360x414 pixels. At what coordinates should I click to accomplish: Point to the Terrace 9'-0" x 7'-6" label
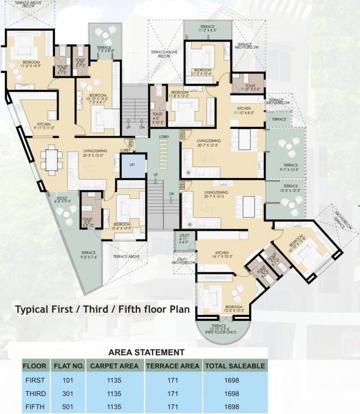[88, 255]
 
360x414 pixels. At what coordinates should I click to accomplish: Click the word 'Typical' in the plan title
[31, 310]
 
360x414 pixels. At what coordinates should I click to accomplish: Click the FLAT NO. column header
[69, 366]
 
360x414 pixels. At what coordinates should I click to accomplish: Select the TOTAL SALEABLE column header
[234, 366]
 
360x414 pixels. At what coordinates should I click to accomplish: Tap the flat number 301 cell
[69, 393]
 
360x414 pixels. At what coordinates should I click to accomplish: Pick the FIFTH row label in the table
[35, 406]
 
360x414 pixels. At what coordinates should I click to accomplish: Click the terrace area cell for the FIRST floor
[174, 380]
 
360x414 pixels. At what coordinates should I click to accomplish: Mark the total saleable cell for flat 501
[234, 406]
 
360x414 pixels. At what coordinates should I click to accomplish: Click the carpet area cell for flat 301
[115, 393]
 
